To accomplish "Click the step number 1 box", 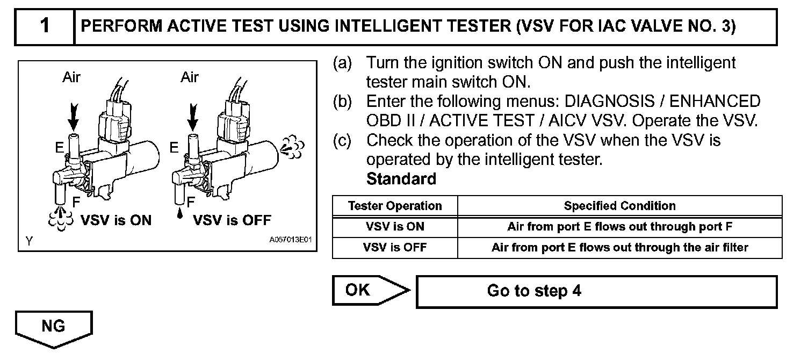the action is point(45,26).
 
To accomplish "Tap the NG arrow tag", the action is point(53,326).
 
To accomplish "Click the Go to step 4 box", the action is point(596,292).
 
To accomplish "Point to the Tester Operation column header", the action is point(395,206).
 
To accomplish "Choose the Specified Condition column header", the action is point(619,206).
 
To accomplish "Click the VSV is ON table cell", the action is point(395,227).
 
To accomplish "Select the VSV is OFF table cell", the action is point(395,248).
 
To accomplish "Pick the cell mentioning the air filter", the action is point(619,248).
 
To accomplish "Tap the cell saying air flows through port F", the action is point(619,227).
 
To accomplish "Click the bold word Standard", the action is point(401,179).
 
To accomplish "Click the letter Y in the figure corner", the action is point(28,241).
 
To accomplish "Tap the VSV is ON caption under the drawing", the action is point(116,220).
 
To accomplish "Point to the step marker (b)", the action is point(342,102).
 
